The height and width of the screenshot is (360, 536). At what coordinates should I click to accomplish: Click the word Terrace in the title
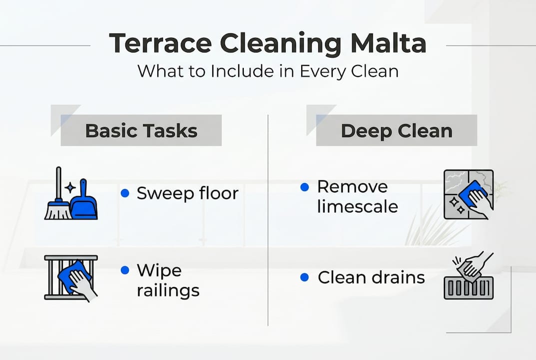click(160, 43)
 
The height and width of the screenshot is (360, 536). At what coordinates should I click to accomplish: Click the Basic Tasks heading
click(141, 130)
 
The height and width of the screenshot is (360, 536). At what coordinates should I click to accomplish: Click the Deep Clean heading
click(397, 131)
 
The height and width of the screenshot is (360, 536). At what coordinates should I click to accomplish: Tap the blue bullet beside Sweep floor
click(125, 193)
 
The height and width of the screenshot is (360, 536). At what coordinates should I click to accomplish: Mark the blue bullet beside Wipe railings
click(125, 270)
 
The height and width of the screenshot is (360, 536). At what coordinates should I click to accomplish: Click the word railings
click(168, 290)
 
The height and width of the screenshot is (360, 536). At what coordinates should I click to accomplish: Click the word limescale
click(357, 206)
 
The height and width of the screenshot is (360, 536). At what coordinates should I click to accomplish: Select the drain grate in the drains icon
click(469, 288)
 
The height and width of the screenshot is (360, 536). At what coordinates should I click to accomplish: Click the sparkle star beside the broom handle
click(70, 187)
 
